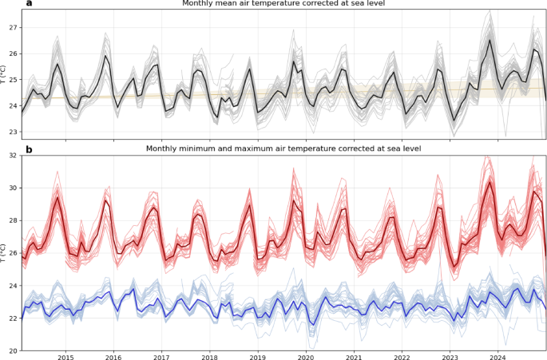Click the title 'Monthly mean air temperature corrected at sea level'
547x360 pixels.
pyautogui.click(x=283, y=4)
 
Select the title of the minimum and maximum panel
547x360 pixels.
pyautogui.click(x=283, y=148)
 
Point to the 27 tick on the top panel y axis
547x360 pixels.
pyautogui.click(x=14, y=28)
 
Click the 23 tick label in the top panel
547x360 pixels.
pyautogui.click(x=14, y=132)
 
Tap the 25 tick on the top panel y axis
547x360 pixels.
pyautogui.click(x=14, y=80)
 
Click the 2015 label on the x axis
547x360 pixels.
pyautogui.click(x=65, y=357)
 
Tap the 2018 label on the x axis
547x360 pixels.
pyautogui.click(x=210, y=357)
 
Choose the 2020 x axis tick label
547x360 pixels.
pyautogui.click(x=306, y=357)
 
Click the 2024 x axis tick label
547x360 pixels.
pyautogui.click(x=498, y=357)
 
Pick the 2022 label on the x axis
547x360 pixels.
pyautogui.click(x=402, y=357)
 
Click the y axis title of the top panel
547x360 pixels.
pyautogui.click(x=4, y=78)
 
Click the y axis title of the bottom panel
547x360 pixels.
pyautogui.click(x=4, y=252)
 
